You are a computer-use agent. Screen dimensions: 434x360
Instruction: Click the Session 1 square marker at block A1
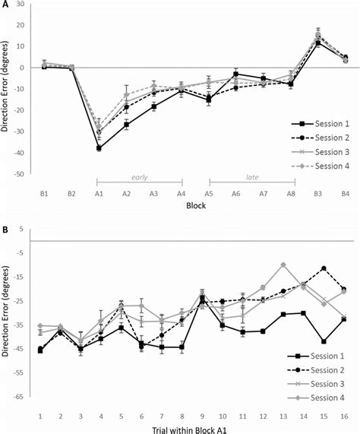(99, 148)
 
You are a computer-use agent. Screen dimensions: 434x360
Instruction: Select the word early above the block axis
(138, 177)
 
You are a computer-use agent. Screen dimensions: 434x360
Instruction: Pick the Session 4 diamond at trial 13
(283, 265)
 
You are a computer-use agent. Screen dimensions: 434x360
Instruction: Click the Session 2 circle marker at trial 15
(324, 268)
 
